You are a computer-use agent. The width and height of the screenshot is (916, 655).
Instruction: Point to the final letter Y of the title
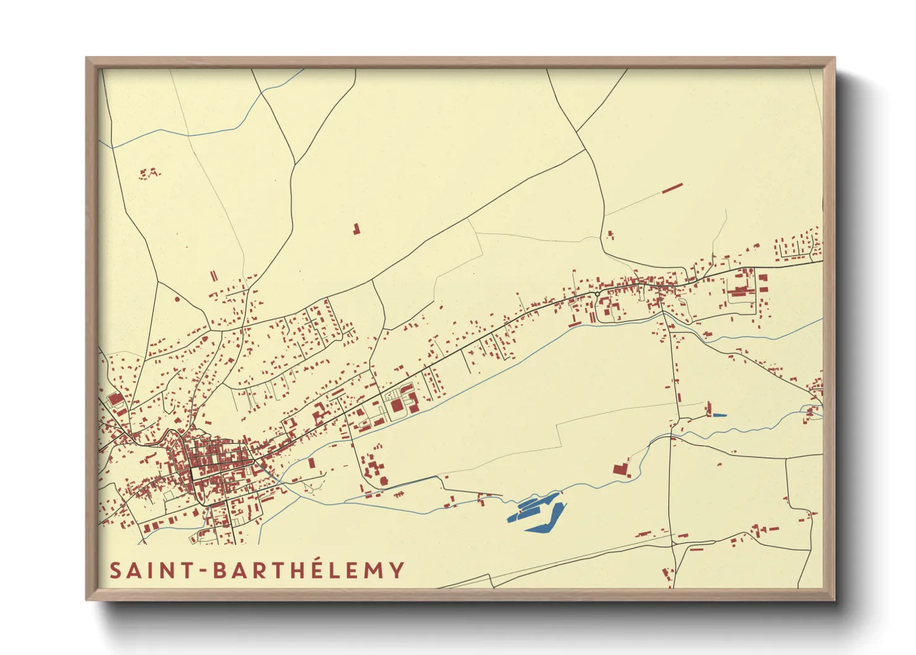[397, 570]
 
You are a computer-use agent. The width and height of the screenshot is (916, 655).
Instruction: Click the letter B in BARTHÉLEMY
[220, 570]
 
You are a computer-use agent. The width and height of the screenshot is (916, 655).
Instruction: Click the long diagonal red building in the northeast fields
[672, 188]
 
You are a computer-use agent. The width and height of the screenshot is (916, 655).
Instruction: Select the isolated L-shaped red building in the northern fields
[355, 229]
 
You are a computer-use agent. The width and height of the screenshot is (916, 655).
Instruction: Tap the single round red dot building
[177, 299]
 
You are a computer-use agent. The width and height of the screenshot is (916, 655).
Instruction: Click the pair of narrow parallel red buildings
[214, 275]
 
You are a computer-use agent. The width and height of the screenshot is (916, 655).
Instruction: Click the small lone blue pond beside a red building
[719, 415]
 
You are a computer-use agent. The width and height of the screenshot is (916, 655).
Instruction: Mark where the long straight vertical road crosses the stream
[671, 436]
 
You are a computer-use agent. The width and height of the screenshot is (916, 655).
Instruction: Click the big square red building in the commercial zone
[396, 406]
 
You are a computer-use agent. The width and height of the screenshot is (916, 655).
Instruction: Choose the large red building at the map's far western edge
[114, 399]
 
